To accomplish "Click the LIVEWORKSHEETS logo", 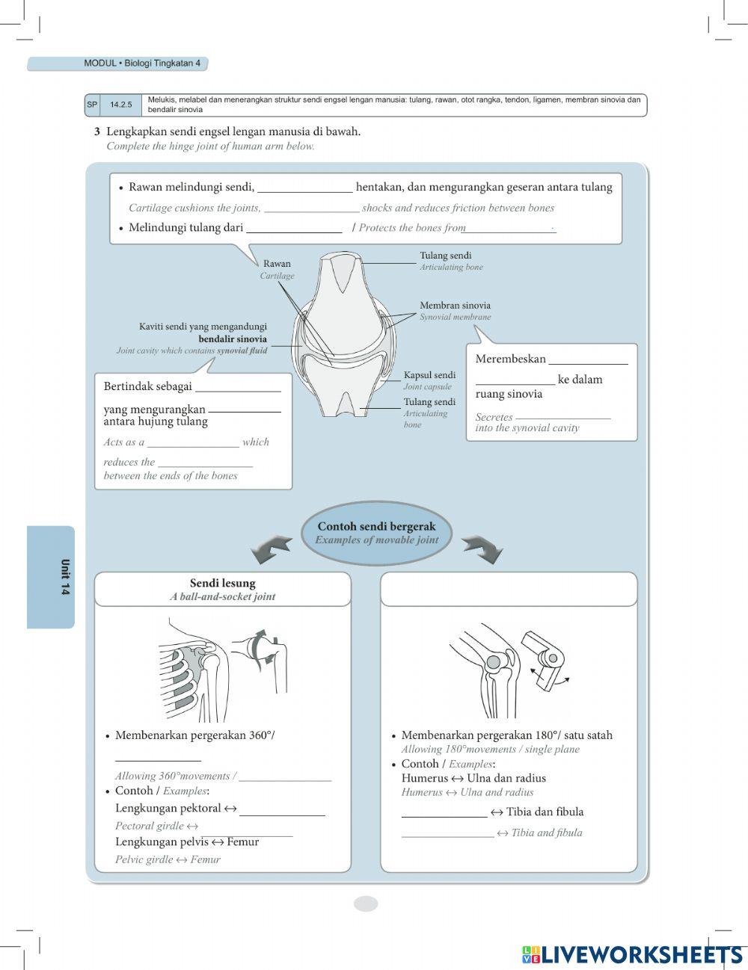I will [633, 954].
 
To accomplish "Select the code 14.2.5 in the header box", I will [120, 105].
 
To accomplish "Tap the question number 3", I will [97, 132].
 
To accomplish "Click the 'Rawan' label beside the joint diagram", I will [277, 264].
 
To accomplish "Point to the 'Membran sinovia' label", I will [455, 306].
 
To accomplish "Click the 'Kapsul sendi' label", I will [429, 375].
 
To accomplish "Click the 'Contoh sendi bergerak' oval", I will [376, 533].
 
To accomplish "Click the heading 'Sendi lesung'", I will [222, 584].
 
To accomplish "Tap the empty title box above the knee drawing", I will [509, 590].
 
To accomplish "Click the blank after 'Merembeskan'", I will [588, 360].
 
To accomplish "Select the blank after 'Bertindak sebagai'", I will [238, 387].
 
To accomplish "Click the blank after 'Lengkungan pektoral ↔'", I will [282, 810].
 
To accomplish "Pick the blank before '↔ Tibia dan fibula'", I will [444, 813].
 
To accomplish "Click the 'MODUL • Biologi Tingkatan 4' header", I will [141, 64].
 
